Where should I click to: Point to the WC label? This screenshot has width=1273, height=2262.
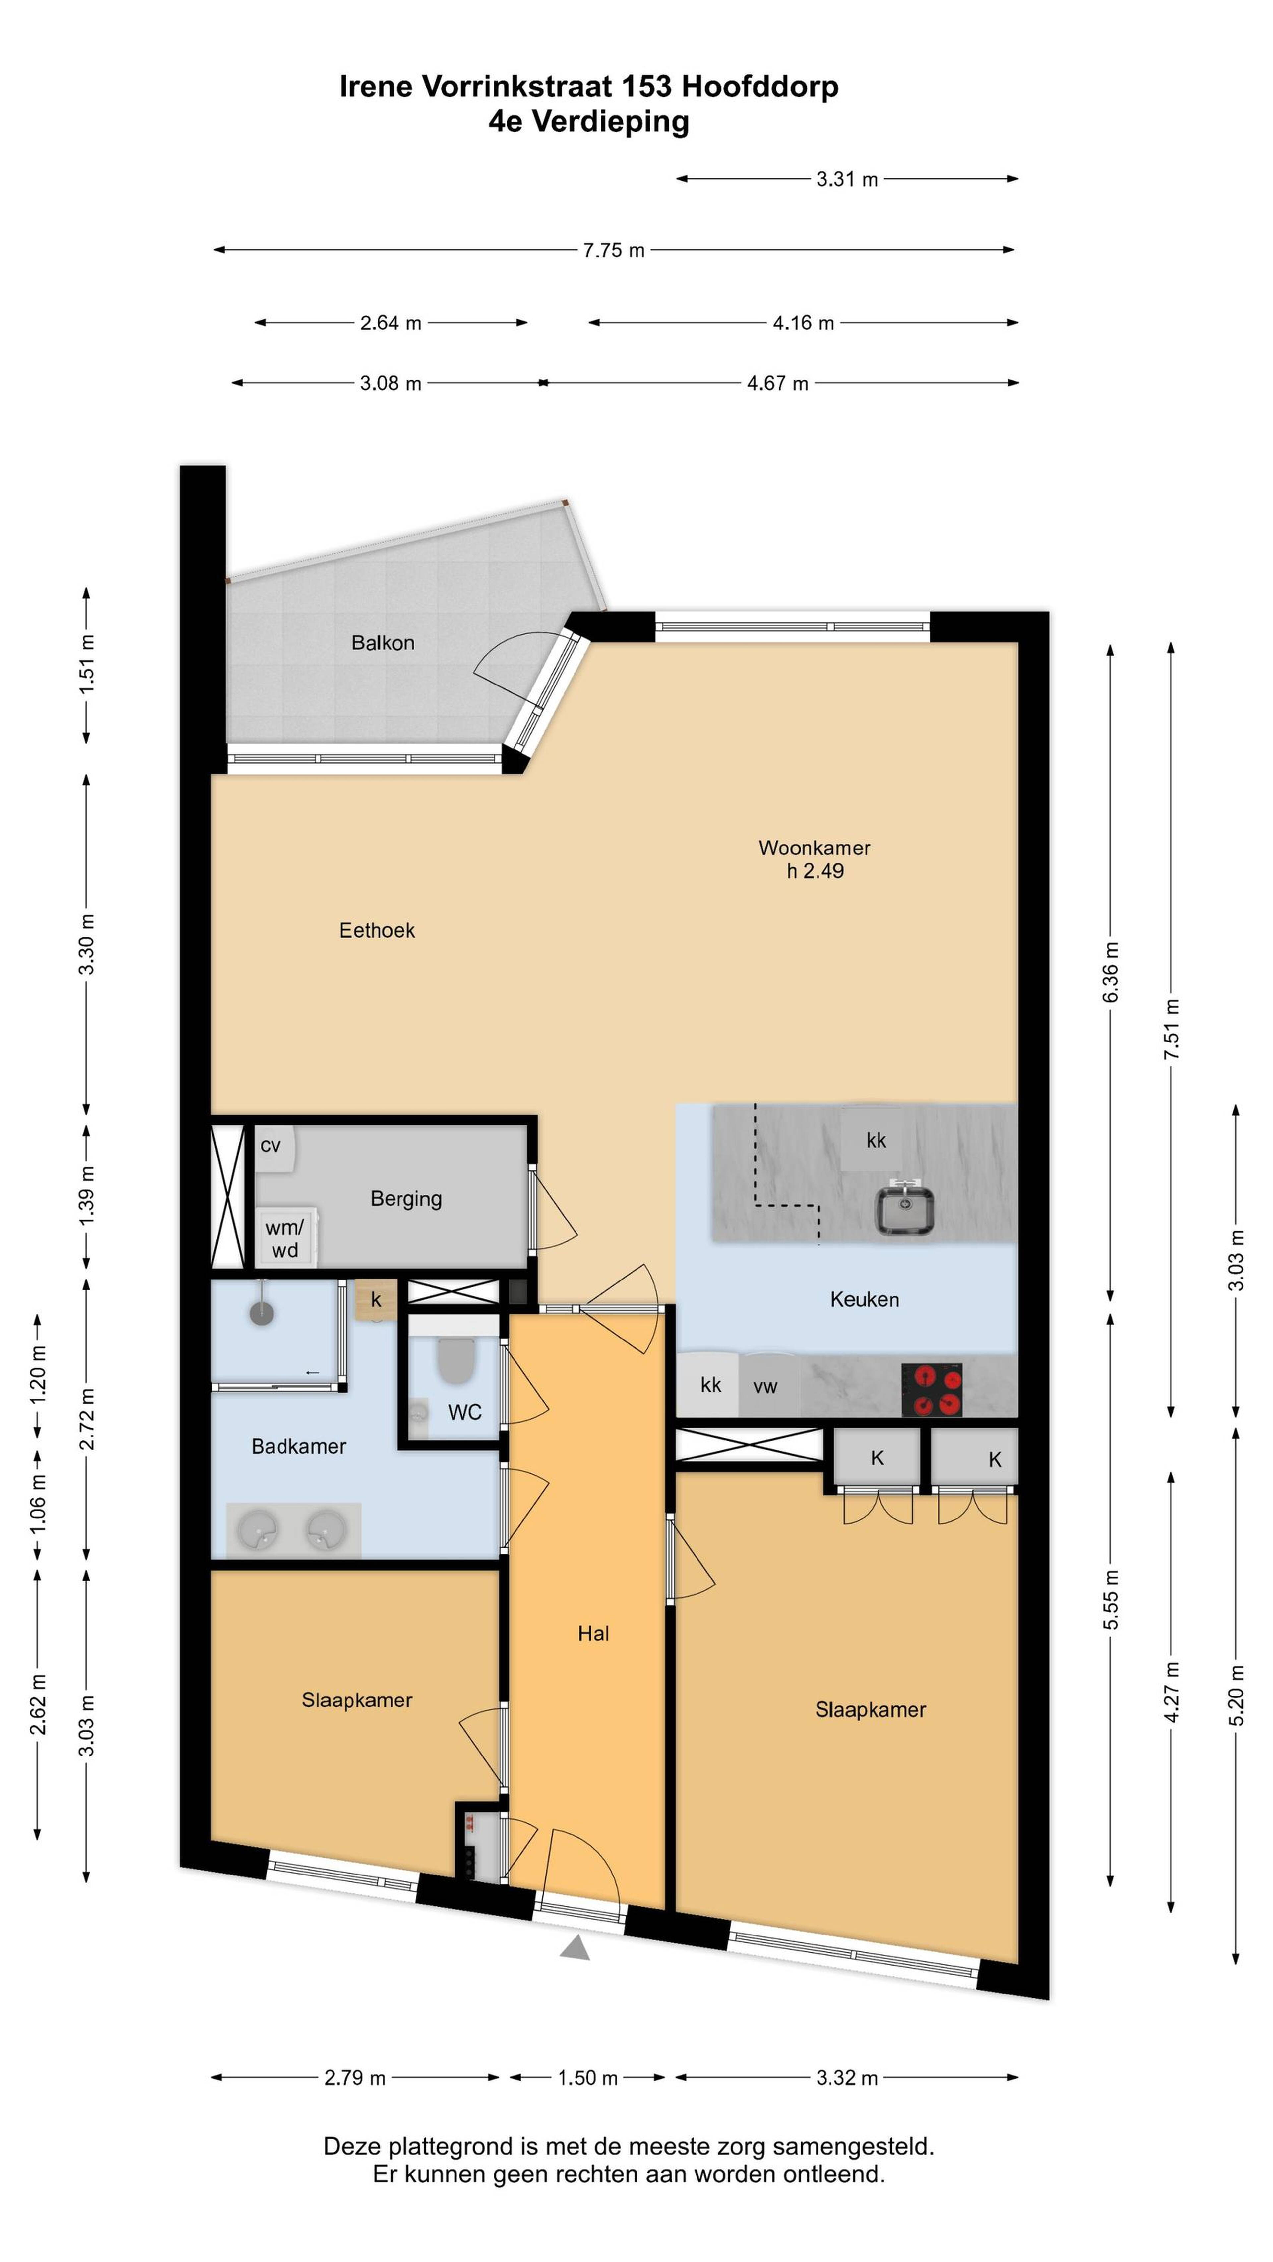(464, 1412)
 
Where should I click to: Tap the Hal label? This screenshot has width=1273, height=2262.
(593, 1633)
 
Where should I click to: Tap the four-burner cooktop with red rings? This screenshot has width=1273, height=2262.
(932, 1390)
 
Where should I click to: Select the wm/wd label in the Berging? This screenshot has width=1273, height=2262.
(284, 1239)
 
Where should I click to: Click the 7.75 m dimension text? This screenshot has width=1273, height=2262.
(614, 250)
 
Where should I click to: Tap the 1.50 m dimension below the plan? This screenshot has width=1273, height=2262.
(587, 2078)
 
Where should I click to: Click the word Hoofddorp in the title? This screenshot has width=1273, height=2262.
(760, 86)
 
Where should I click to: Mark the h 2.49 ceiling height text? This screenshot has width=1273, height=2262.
(815, 871)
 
